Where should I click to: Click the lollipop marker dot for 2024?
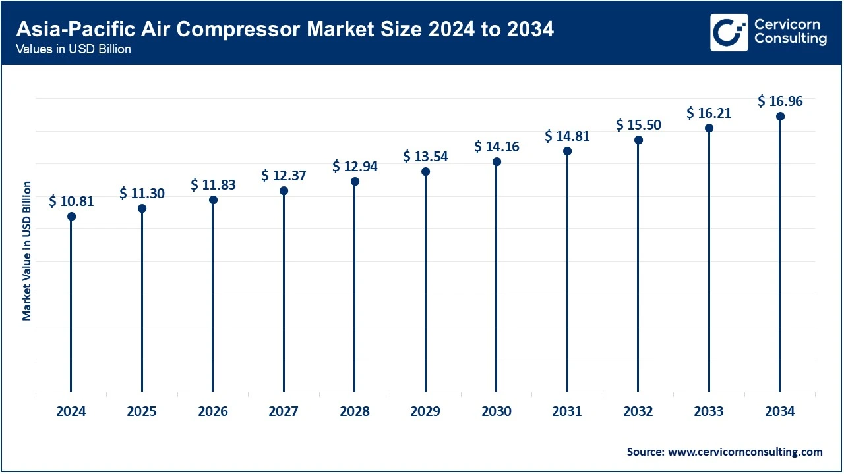71,217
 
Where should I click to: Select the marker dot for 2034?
780,117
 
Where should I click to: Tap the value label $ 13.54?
425,157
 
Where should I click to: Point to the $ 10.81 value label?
71,201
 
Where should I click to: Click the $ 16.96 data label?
780,101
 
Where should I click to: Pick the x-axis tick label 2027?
284,411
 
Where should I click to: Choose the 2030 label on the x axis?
497,411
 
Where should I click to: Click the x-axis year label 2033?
709,411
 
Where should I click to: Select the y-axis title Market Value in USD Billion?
27,251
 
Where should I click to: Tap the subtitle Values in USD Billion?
73,50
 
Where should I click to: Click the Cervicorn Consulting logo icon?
729,32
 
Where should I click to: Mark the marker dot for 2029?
425,172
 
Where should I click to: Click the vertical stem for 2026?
213,296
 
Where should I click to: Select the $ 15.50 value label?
638,124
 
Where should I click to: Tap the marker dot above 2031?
567,151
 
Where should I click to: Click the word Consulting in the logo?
791,39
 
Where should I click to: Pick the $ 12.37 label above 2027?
284,176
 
